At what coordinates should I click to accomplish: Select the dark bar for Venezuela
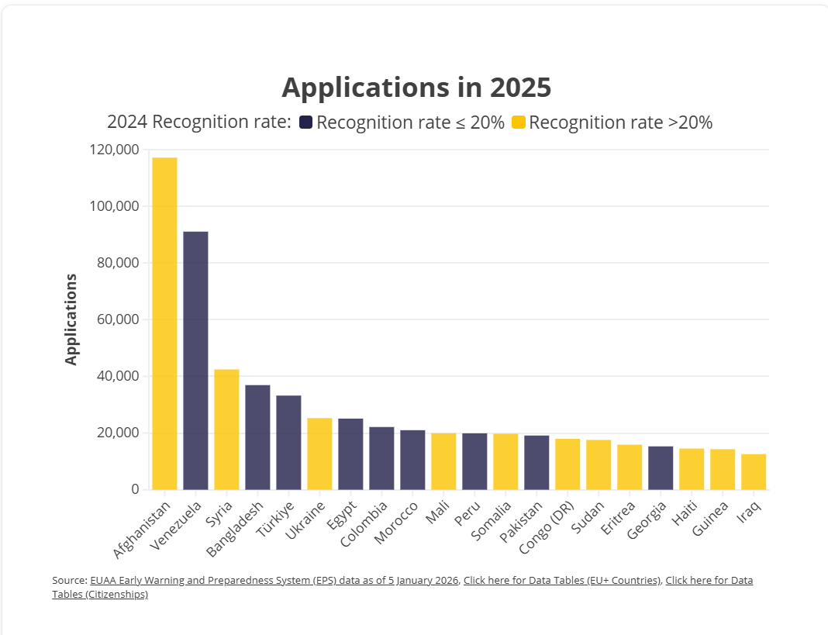coord(195,361)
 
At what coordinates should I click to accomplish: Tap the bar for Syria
coord(226,430)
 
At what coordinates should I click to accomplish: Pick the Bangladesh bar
coord(257,437)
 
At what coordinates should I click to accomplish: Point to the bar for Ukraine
coord(319,454)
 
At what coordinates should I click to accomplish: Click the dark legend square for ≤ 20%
coord(305,123)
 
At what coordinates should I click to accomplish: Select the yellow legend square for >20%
coord(519,123)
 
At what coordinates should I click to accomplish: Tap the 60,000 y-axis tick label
coord(115,319)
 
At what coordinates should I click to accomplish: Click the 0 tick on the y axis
coord(135,489)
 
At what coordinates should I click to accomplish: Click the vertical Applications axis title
coord(71,319)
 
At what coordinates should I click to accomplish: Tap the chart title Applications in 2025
coord(416,88)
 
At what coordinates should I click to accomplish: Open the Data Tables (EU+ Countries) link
coord(562,580)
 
